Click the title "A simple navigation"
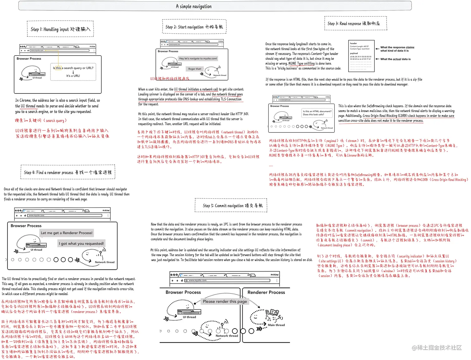point(193,6)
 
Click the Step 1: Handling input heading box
point(60,29)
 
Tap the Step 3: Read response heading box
point(355,23)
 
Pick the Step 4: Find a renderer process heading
point(68,172)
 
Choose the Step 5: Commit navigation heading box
point(231,206)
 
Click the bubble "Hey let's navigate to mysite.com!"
point(198,59)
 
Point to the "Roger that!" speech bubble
point(194,69)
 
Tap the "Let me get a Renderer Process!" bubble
point(67,233)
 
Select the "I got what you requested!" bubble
point(81,244)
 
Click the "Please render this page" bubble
point(225,301)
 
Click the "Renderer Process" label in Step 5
point(266,292)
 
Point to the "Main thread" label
point(276,325)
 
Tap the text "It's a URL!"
point(73,76)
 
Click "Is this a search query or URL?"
point(73,68)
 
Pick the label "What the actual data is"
point(395,59)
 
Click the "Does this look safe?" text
point(313,115)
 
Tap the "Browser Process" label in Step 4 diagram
point(26,226)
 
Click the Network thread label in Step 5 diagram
point(227,336)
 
